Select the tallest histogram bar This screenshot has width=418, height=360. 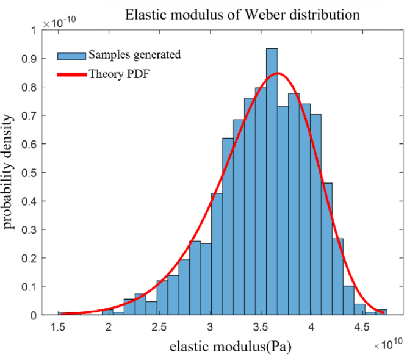pos(272,183)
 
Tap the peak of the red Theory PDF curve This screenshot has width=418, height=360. pos(278,74)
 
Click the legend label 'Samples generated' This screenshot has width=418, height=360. pos(134,54)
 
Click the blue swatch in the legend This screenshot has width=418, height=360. pos(71,55)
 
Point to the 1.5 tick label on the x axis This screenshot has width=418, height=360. pos(59,327)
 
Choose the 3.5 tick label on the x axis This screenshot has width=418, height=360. pos(261,327)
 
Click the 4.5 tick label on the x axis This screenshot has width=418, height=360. pos(362,327)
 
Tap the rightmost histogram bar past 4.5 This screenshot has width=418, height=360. pos(381,312)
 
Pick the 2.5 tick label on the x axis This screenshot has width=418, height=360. pos(160,327)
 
